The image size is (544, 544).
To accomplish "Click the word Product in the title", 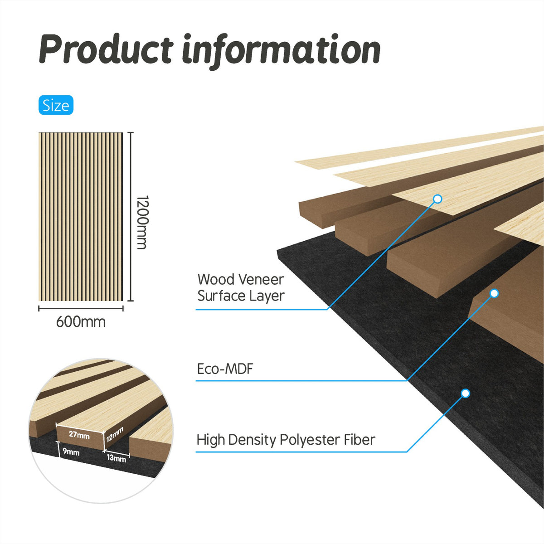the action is (x=106, y=49).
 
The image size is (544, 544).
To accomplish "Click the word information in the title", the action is (x=282, y=51).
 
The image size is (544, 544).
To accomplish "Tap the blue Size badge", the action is (x=56, y=105).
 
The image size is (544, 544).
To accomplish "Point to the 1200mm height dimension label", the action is (x=142, y=222).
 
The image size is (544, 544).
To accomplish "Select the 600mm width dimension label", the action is (x=81, y=322).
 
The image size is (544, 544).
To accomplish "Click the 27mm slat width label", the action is (x=79, y=434).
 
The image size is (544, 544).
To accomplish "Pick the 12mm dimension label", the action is (x=115, y=434).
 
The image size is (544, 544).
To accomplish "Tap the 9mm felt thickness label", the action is (x=71, y=452).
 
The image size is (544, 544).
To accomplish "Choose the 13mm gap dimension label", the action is (x=117, y=458).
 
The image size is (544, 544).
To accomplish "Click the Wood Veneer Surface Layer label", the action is (x=241, y=288).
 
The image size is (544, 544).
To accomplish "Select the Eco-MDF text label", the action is (x=225, y=369).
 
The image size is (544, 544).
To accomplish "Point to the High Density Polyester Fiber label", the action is (x=286, y=440).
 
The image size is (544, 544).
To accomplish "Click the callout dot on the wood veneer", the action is (x=437, y=199).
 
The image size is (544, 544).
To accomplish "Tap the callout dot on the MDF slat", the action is (x=494, y=293).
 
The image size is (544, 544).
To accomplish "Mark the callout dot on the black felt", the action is (x=465, y=393).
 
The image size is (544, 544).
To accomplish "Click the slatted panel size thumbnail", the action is (x=81, y=217).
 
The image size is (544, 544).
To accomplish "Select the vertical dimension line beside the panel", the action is (x=131, y=217).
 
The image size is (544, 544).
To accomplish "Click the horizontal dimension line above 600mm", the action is (x=81, y=309).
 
